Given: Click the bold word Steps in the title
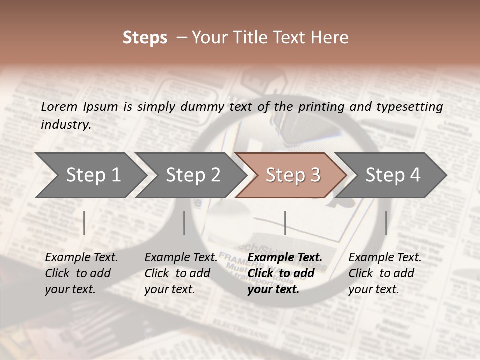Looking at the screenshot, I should point(145,38).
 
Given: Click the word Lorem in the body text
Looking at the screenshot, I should point(59,107).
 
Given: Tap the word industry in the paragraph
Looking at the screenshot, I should point(65,125).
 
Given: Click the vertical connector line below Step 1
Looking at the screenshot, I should point(84,223).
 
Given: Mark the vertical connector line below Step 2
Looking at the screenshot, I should point(184,223).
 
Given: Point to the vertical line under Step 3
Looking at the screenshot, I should point(285,223).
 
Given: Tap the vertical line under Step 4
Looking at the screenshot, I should point(386,223).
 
